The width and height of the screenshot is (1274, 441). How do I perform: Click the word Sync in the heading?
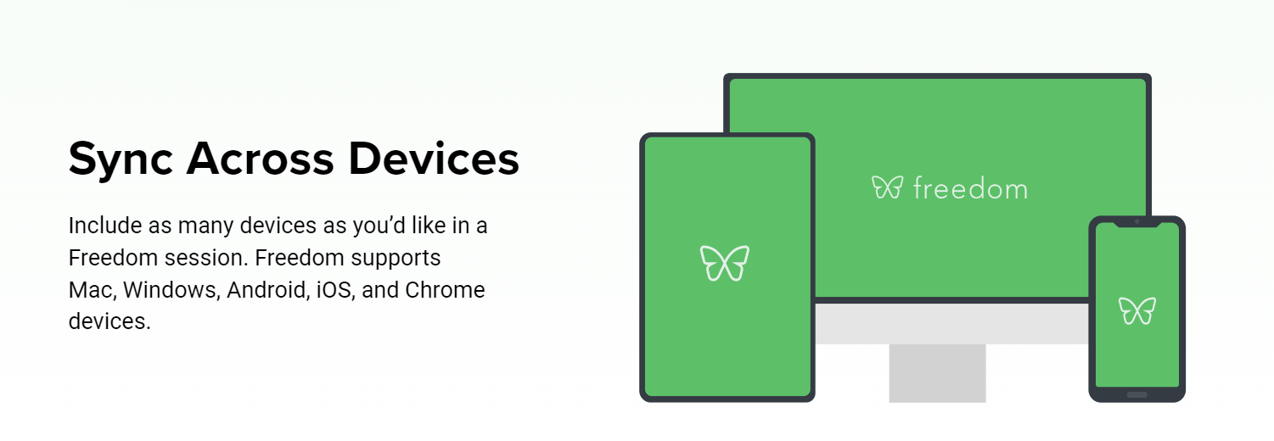coord(121,160)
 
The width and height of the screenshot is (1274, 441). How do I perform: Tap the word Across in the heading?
coord(260,159)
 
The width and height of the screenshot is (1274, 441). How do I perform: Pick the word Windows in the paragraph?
coord(171,290)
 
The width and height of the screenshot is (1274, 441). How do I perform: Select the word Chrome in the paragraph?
coord(445,290)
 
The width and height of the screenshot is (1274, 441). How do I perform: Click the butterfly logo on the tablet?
coord(725,263)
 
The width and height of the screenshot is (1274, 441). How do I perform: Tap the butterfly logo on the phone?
coord(1137,311)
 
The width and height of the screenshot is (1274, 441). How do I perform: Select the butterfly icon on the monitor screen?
coord(887,187)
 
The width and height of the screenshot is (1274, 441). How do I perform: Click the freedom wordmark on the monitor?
coord(970,188)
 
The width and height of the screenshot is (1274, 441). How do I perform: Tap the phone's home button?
coord(1137,395)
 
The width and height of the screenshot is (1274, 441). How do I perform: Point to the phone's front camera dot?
coord(1137,221)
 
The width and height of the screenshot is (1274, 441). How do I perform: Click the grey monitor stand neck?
coord(937,373)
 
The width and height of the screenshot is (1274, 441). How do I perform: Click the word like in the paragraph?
coord(429,226)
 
